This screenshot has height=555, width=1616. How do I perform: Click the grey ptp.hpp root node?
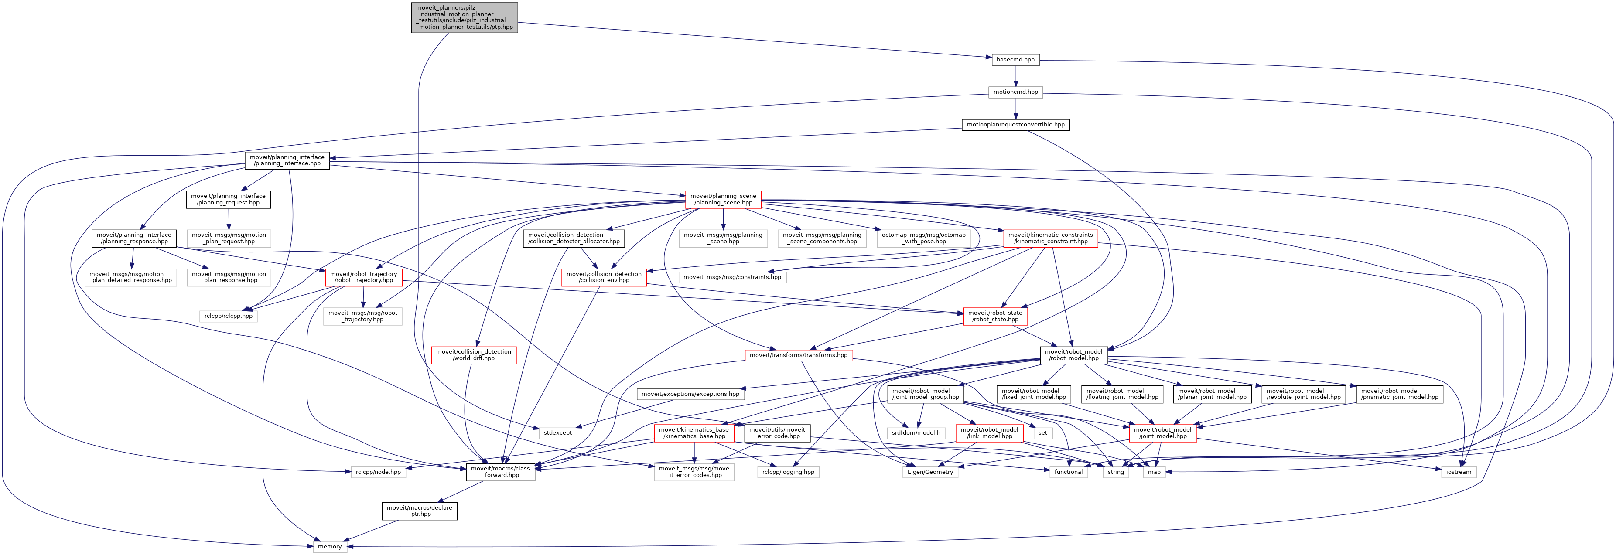464,17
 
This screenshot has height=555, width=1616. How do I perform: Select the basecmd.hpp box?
1015,60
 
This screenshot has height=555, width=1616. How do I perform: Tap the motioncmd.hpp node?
1015,92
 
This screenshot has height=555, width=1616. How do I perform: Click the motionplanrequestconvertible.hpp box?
1015,125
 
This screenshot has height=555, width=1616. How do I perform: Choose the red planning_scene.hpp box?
723,199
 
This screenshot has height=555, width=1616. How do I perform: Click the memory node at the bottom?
329,546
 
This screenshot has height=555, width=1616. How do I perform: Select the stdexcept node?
557,433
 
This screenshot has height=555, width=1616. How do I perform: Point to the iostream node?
1458,472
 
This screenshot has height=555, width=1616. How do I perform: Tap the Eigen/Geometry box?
930,472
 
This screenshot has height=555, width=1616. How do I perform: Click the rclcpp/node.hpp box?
378,472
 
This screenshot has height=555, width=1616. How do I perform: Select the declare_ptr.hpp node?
419,511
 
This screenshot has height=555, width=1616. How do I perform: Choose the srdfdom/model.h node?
916,433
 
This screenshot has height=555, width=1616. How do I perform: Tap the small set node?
1042,433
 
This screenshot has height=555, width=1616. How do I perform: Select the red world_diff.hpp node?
474,355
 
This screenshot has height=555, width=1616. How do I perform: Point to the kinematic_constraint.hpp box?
1050,238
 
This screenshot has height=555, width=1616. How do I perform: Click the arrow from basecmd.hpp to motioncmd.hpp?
1015,76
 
